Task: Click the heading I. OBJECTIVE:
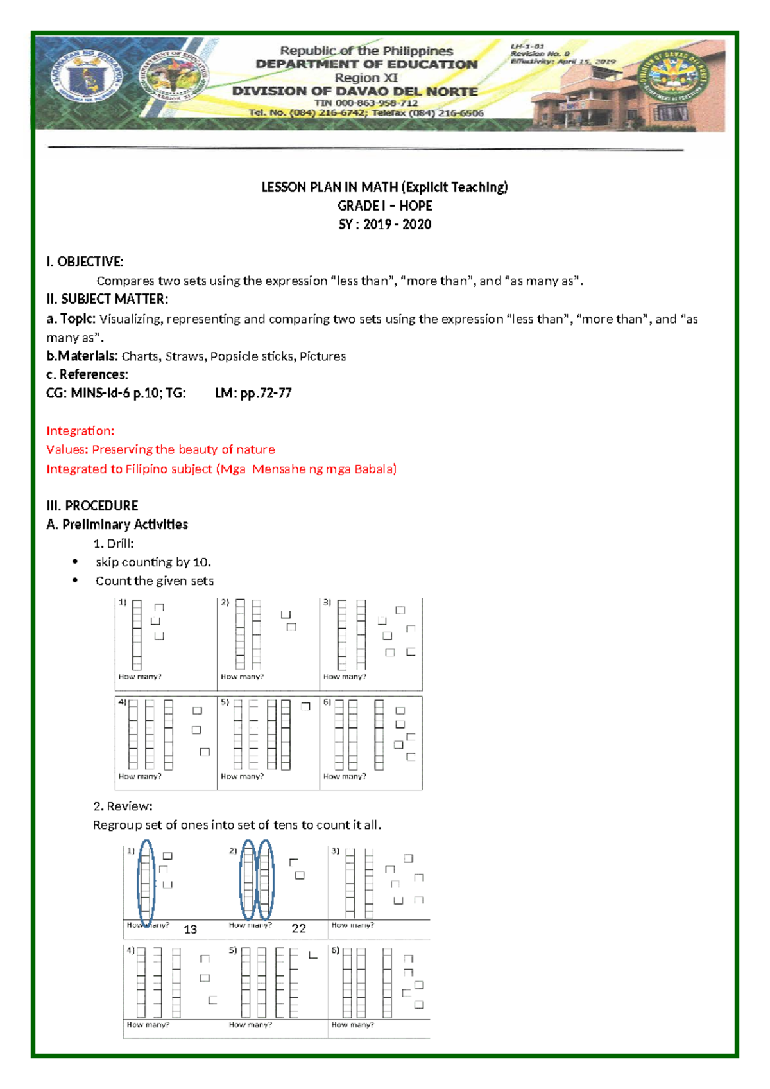coord(85,261)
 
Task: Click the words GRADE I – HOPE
coord(384,205)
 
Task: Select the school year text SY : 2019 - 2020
coord(384,224)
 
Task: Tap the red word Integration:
coord(80,431)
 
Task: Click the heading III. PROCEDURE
coord(92,505)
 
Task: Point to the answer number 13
coord(190,929)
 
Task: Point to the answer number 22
coord(298,928)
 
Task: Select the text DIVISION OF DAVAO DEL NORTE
coord(355,91)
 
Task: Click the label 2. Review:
coord(123,806)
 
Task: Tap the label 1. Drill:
coord(114,543)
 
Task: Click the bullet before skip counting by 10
coord(75,562)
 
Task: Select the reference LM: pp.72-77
coord(253,393)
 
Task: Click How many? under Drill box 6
coord(345,776)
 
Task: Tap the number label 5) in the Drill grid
coord(225,702)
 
